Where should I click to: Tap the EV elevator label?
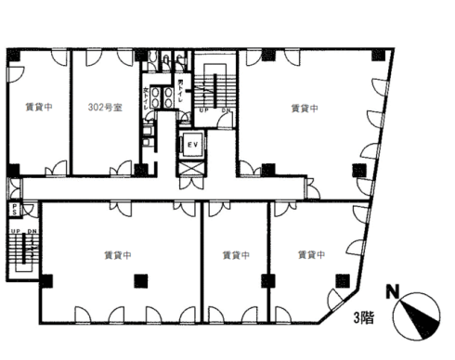pyautogui.click(x=193, y=147)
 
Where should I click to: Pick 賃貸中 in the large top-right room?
pyautogui.click(x=305, y=108)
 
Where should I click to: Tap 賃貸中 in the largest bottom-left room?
pyautogui.click(x=117, y=252)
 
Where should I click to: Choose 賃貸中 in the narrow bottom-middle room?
pyautogui.click(x=236, y=252)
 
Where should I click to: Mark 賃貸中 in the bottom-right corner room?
pyautogui.click(x=311, y=252)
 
